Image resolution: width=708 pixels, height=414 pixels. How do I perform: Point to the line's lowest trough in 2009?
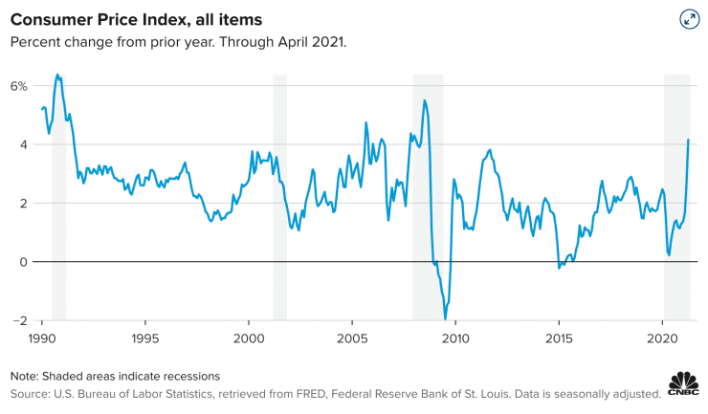point(445,318)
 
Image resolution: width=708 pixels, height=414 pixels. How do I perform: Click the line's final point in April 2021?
point(689,141)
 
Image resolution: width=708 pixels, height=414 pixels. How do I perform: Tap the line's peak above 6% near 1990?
point(57,75)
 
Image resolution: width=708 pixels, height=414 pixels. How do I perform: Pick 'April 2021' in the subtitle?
point(311,42)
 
